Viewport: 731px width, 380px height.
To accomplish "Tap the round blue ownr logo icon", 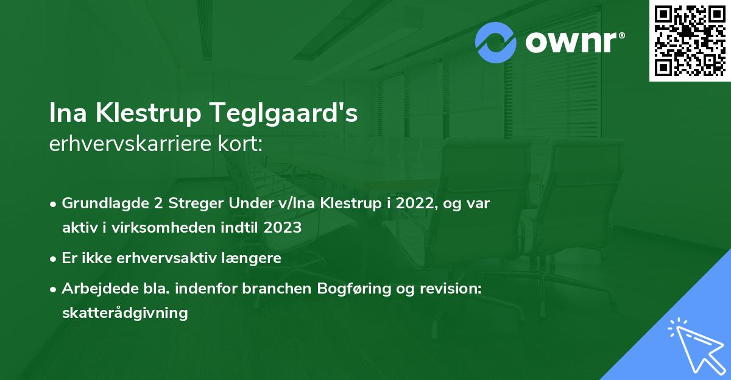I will [x=496, y=42].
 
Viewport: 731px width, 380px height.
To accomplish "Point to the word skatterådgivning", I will [x=125, y=313].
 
